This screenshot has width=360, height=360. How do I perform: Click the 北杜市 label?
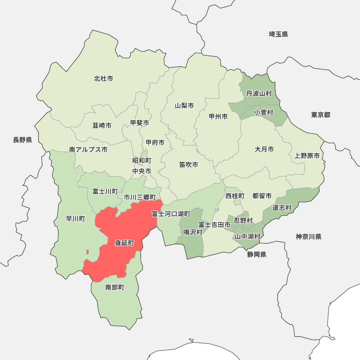(x=104, y=78)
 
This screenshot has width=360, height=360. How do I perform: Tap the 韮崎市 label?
(x=102, y=126)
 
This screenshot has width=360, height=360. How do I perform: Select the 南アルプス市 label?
(x=88, y=149)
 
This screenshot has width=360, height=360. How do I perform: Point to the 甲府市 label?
(x=155, y=143)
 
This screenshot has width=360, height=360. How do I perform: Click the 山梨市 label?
(x=184, y=105)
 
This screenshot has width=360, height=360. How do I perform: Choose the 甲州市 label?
(x=218, y=117)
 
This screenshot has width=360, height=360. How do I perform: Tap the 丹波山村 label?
(x=259, y=94)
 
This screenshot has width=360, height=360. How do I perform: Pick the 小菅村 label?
(x=264, y=113)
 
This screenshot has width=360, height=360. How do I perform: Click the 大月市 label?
(x=264, y=149)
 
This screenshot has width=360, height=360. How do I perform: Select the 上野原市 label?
(x=307, y=156)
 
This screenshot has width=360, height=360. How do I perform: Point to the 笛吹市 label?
(x=189, y=165)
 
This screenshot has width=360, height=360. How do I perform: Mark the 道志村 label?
(x=282, y=208)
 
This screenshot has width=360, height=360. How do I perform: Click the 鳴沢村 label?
(x=193, y=232)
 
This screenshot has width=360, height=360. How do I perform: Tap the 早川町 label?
(x=76, y=219)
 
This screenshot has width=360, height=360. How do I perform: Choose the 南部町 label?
(x=115, y=287)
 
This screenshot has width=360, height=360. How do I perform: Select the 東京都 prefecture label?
(x=320, y=115)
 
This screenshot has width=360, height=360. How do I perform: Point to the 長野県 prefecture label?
(x=23, y=140)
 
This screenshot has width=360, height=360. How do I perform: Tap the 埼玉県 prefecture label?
(x=278, y=34)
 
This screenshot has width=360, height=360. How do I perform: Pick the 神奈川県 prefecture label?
(x=309, y=237)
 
